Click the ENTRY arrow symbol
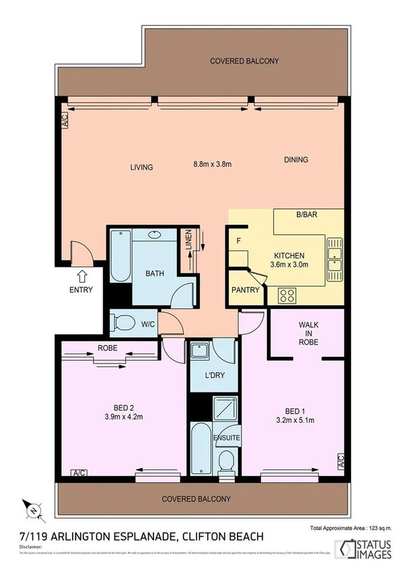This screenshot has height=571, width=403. (82, 275)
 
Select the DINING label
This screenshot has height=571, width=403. (295, 160)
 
